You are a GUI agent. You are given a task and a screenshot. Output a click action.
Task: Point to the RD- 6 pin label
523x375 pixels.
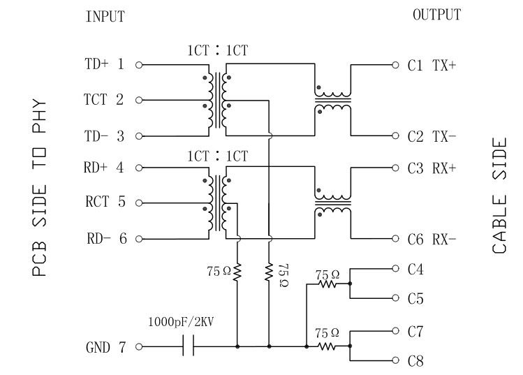point(107,239)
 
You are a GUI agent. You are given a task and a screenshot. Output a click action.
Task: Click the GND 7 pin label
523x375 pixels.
point(106,346)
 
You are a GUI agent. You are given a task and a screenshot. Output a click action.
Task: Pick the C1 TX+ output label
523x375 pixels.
point(432,65)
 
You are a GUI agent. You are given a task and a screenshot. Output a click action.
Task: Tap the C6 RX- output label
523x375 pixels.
point(432,240)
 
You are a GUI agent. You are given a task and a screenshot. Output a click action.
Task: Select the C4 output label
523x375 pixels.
point(415,268)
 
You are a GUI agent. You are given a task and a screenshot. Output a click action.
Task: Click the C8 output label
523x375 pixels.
point(415,362)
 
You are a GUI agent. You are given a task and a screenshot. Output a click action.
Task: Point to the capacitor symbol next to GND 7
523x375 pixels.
point(188,346)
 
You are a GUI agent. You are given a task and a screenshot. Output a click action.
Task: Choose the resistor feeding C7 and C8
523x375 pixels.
point(327,346)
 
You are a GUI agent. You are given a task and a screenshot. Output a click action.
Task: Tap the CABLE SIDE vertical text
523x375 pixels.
point(500,196)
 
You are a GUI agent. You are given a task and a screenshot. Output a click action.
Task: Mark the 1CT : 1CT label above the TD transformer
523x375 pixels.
point(217,50)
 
